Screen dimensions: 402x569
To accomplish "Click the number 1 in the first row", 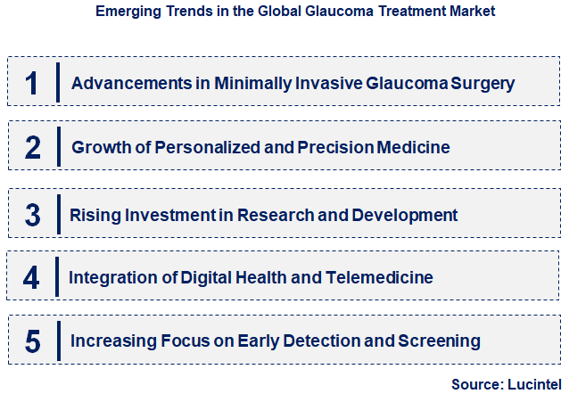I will click(x=32, y=83).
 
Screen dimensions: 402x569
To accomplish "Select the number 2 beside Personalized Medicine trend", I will click(x=32, y=147).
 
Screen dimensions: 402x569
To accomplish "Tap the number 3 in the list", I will click(x=32, y=215).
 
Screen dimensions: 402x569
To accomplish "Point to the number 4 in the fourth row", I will click(x=32, y=277).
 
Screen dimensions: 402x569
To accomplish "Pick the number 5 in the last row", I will click(x=32, y=340).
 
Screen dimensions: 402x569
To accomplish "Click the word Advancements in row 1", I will click(x=127, y=84).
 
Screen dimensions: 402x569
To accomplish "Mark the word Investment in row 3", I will click(x=159, y=215).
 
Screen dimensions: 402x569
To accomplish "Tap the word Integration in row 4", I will click(x=108, y=277).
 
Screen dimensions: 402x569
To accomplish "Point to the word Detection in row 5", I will click(x=317, y=340).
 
